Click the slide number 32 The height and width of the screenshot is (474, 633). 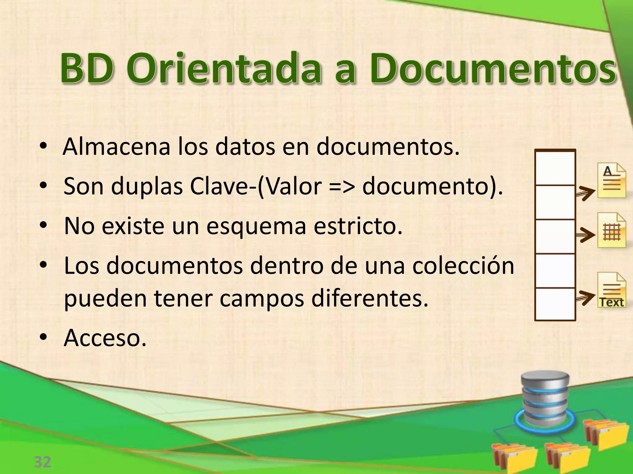42,462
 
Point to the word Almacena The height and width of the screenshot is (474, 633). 117,147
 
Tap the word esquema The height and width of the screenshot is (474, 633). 256,226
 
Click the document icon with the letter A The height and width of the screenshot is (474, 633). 611,181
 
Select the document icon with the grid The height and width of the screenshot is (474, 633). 611,230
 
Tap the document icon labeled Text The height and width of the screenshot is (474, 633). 611,290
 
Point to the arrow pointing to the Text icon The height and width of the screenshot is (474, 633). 585,297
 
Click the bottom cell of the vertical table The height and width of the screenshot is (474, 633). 555,304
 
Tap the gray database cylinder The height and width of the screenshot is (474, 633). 545,398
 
